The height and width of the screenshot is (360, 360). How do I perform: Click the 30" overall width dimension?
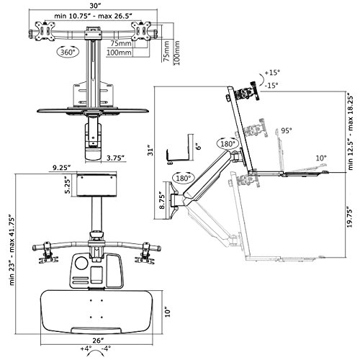pyautogui.click(x=93, y=4)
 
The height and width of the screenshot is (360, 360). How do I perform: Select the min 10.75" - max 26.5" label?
pyautogui.click(x=94, y=16)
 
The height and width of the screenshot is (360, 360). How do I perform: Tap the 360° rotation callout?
pyautogui.click(x=68, y=52)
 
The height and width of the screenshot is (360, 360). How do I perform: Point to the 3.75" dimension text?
pyautogui.click(x=115, y=158)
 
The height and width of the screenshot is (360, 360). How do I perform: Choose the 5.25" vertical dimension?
pyautogui.click(x=68, y=185)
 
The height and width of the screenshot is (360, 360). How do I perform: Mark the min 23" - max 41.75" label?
pyautogui.click(x=12, y=250)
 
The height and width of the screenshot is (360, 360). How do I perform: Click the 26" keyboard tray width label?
pyautogui.click(x=99, y=341)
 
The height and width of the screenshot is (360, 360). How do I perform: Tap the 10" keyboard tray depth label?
pyautogui.click(x=168, y=312)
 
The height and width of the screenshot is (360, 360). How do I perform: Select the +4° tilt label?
pyautogui.click(x=86, y=348)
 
